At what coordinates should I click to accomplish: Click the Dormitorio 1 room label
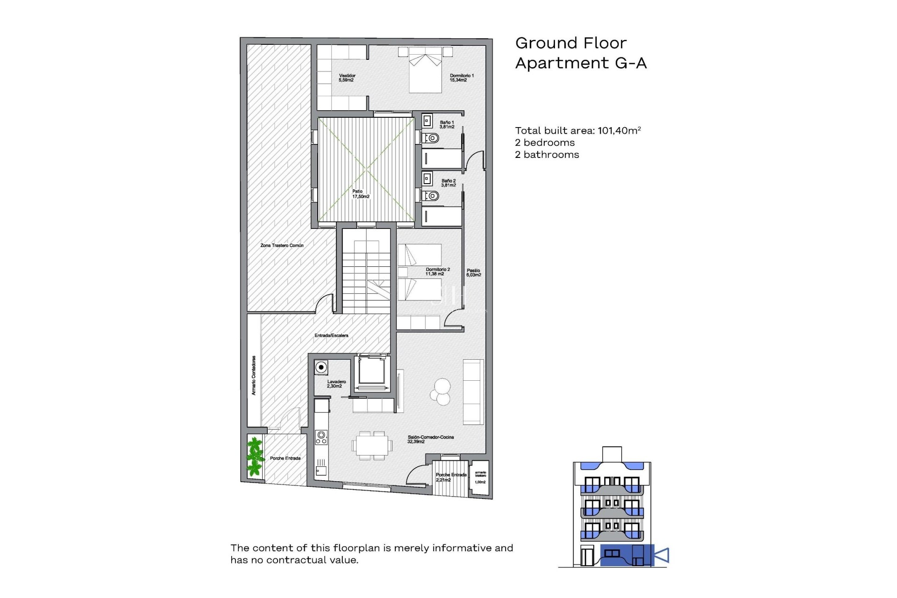pyautogui.click(x=461, y=78)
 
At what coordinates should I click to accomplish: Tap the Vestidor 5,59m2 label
pyautogui.click(x=347, y=78)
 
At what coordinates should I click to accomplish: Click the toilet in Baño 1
pyautogui.click(x=431, y=138)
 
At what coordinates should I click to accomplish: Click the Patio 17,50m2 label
pyautogui.click(x=360, y=194)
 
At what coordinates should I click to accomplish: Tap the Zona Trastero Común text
pyautogui.click(x=282, y=245)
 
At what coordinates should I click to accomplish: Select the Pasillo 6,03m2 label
pyautogui.click(x=473, y=273)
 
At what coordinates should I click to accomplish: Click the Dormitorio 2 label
pyautogui.click(x=437, y=271)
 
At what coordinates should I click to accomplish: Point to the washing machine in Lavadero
pyautogui.click(x=321, y=367)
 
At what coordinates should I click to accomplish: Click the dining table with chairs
pyautogui.click(x=371, y=446)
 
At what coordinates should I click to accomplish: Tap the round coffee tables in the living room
pyautogui.click(x=441, y=392)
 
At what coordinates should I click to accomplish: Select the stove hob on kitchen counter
pyautogui.click(x=321, y=437)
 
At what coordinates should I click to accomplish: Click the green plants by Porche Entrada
pyautogui.click(x=255, y=456)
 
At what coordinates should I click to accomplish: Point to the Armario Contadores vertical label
pyautogui.click(x=254, y=376)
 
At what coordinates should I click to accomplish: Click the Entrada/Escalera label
pyautogui.click(x=331, y=335)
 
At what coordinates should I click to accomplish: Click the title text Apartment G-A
pyautogui.click(x=580, y=63)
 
